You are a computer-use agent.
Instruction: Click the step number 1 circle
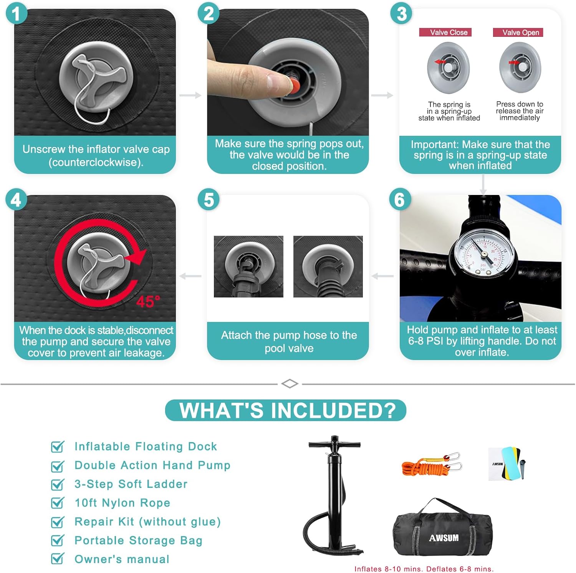(x=17, y=14)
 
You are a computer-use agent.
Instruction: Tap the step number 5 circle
(x=209, y=200)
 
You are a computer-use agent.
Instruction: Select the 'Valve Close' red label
(x=445, y=32)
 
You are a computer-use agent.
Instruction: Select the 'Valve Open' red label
(x=518, y=32)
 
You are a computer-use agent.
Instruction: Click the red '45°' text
(x=148, y=302)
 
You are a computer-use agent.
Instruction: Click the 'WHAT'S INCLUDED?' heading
(x=286, y=410)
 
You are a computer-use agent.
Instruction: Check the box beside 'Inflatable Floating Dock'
(x=58, y=447)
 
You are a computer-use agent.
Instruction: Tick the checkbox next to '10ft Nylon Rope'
(x=58, y=503)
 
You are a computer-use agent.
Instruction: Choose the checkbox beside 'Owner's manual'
(x=58, y=558)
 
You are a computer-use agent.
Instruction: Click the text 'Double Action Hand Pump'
(x=152, y=465)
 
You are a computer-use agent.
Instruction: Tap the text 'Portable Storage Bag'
(x=138, y=540)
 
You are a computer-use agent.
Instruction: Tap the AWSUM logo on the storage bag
(x=444, y=538)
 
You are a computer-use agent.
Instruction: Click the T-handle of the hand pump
(x=334, y=444)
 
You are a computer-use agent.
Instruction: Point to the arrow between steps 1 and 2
(x=190, y=95)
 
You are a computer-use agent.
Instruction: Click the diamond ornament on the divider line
(x=290, y=383)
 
